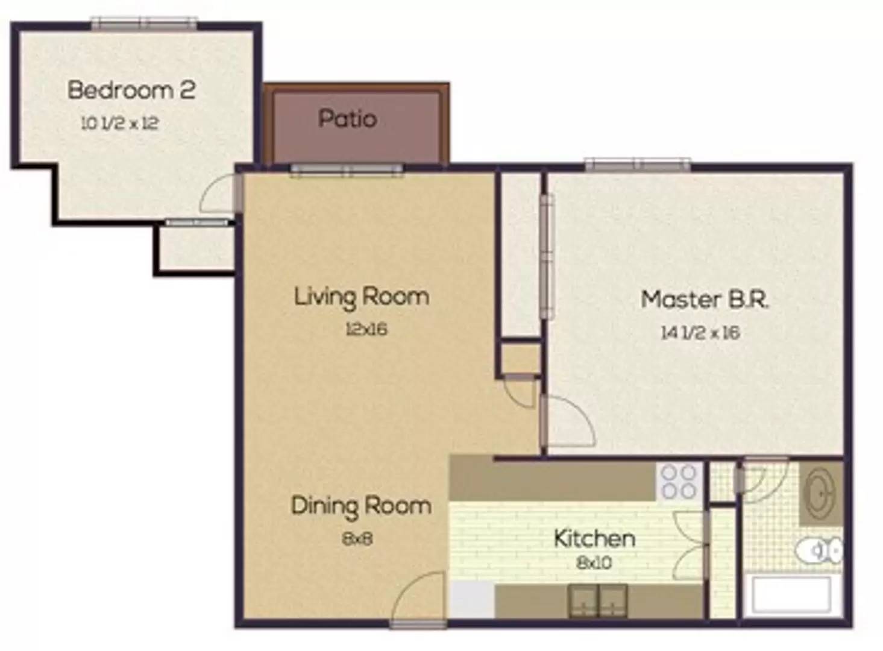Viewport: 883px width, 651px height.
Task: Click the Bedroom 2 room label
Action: pos(131,90)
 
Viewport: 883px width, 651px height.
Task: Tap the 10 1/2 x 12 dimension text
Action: pos(120,124)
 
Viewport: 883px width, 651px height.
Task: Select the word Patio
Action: pos(347,118)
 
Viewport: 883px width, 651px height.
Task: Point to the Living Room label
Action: pos(362,297)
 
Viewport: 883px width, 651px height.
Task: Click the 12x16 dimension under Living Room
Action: pos(366,329)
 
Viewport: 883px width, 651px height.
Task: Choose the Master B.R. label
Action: pos(705,300)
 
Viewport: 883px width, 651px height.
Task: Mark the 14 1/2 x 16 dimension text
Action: pos(700,333)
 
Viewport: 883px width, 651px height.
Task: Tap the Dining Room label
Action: pos(361,506)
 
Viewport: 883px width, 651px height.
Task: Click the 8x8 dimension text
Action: pos(357,539)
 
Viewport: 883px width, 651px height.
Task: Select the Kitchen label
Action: pos(594,538)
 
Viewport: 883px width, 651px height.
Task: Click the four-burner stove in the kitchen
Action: pos(679,481)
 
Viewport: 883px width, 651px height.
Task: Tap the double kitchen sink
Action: pos(597,602)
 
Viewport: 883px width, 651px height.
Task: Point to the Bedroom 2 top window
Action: pos(144,23)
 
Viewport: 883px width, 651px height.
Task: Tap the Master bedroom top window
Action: pos(638,165)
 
